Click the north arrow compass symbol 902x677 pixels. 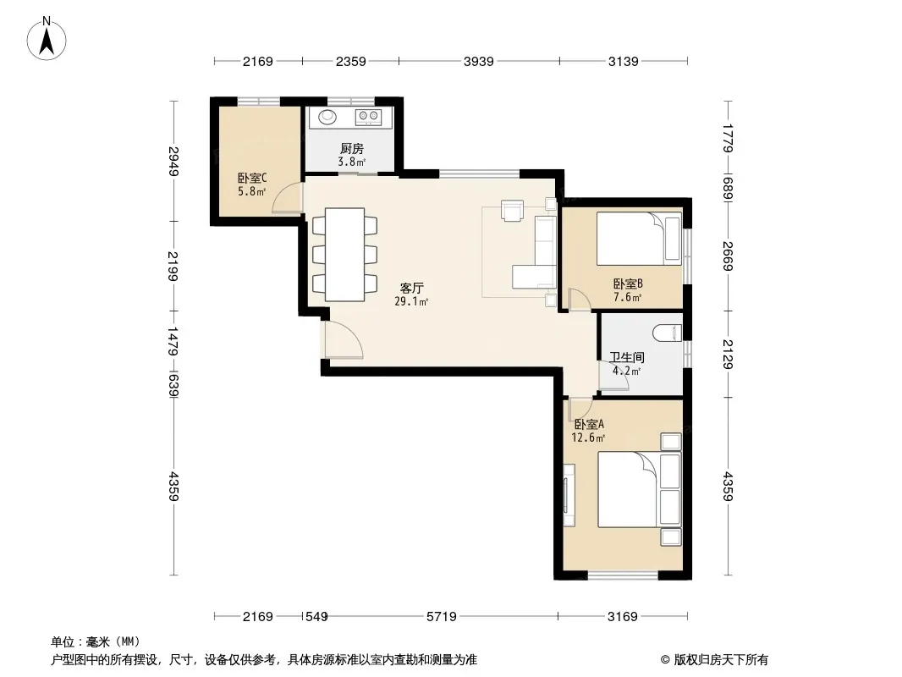point(47,39)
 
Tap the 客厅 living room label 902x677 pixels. point(412,288)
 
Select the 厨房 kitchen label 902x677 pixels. point(351,148)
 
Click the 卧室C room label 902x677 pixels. point(252,179)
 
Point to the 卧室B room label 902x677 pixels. point(628,283)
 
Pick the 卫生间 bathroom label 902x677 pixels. point(627,357)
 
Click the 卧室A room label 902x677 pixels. point(589,425)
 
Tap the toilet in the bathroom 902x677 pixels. point(668,333)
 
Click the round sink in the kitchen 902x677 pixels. point(327,117)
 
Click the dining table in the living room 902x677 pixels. point(344,254)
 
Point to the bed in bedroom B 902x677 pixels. point(639,238)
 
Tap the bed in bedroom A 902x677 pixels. point(639,489)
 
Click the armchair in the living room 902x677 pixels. point(512,210)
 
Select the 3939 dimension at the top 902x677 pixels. point(479,61)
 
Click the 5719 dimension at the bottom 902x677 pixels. point(441,617)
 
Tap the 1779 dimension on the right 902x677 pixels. point(728,138)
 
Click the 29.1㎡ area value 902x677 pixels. point(411,301)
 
